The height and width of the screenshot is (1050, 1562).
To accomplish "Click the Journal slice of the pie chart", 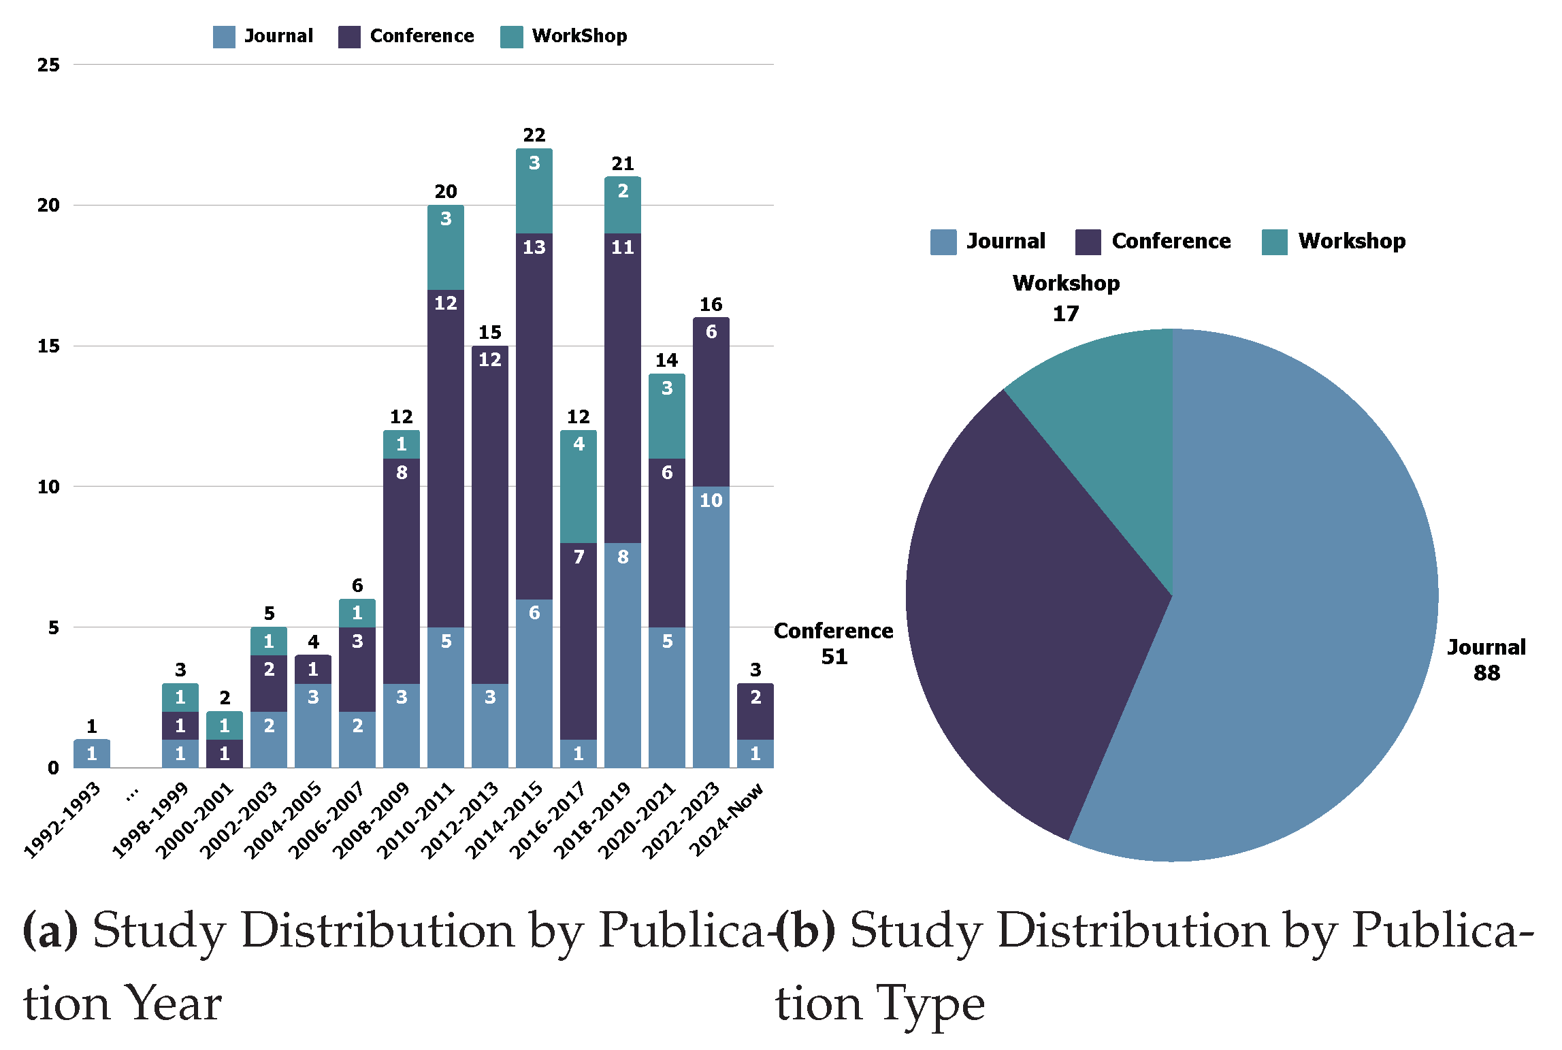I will [1293, 612].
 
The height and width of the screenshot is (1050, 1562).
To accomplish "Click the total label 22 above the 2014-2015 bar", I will [534, 135].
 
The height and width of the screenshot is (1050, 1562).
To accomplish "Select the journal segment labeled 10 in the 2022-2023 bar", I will [711, 626].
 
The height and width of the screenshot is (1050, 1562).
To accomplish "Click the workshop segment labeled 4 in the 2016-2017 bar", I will [579, 487].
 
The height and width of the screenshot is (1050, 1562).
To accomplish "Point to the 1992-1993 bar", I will [92, 753].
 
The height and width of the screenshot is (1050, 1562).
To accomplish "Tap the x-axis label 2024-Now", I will [727, 820].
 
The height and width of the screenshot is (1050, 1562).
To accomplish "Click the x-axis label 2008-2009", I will [372, 820].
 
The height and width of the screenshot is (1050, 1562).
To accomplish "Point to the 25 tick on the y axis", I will [48, 65].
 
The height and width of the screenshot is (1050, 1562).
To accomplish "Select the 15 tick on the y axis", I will [48, 346].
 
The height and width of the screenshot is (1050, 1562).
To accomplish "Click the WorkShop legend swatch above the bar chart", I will [511, 37].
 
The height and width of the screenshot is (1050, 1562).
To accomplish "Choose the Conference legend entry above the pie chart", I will [1171, 241].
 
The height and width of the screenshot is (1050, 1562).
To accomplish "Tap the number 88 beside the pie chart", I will [1486, 673].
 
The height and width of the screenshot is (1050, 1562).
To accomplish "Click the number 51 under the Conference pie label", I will [834, 657].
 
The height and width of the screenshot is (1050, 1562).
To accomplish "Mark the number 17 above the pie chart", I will [1066, 314].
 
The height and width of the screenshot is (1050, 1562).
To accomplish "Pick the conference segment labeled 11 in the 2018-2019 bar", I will [623, 388].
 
